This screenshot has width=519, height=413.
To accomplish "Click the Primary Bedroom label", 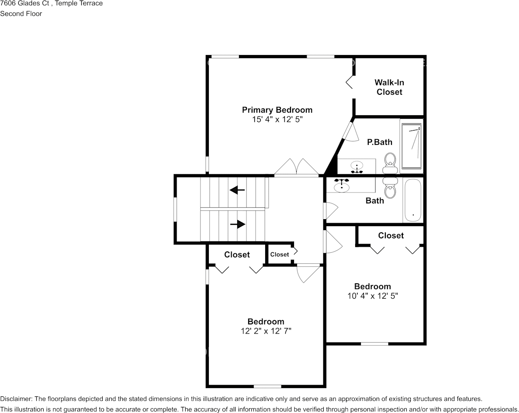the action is click(277, 110).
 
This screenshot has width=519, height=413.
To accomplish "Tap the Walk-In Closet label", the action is click(389, 87).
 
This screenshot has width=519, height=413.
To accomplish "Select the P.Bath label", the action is click(380, 142).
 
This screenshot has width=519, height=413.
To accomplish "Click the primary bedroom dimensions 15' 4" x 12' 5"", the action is click(277, 119).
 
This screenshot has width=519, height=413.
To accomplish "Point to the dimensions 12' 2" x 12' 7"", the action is click(266, 331).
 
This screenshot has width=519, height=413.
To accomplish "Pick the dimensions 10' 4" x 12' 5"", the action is click(373, 296).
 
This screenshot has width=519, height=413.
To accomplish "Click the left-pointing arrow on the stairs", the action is click(237, 190).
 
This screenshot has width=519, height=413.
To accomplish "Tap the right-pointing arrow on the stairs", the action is click(238, 224).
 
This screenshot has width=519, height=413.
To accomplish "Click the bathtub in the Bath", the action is click(413, 201).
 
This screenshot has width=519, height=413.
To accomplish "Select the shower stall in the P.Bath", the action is click(412, 146).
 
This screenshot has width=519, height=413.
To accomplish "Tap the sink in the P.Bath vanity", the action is click(357, 167).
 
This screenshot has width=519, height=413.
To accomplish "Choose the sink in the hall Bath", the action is click(342, 186).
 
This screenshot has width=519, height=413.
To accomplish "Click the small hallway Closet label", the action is click(279, 254).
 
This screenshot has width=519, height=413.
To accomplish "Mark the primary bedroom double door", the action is click(297, 167).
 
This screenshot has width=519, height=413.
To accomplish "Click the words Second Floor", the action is click(21, 14).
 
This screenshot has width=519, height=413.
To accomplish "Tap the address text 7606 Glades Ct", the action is click(24, 3).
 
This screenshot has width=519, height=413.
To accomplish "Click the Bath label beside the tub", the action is click(375, 201).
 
